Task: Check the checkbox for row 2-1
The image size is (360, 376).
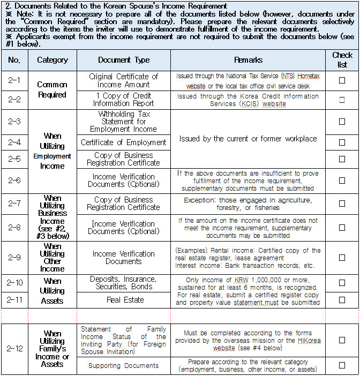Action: click(x=342, y=80)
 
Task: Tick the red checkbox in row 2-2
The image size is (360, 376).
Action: click(x=342, y=100)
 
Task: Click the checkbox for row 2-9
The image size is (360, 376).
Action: click(x=342, y=258)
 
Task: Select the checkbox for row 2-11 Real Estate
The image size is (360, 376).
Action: click(x=342, y=300)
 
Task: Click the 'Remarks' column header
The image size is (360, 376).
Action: click(x=249, y=60)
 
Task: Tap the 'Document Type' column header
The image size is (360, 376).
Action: click(x=124, y=60)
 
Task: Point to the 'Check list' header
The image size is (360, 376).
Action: click(x=342, y=59)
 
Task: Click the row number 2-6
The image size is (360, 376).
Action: click(x=15, y=181)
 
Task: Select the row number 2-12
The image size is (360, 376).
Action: click(x=15, y=349)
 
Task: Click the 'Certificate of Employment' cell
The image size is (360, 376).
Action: click(x=124, y=142)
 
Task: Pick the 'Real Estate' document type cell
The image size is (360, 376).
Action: click(x=124, y=300)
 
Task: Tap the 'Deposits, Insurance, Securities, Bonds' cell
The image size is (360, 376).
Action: click(x=124, y=282)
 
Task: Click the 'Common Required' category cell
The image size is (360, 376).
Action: click(x=52, y=89)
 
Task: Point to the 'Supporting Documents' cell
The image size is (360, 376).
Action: click(x=124, y=366)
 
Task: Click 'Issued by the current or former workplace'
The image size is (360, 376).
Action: click(x=248, y=139)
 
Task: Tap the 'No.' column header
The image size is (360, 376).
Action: click(x=14, y=60)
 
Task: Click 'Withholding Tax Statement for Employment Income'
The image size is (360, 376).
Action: click(x=124, y=122)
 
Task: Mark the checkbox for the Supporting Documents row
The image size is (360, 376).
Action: click(x=342, y=366)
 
